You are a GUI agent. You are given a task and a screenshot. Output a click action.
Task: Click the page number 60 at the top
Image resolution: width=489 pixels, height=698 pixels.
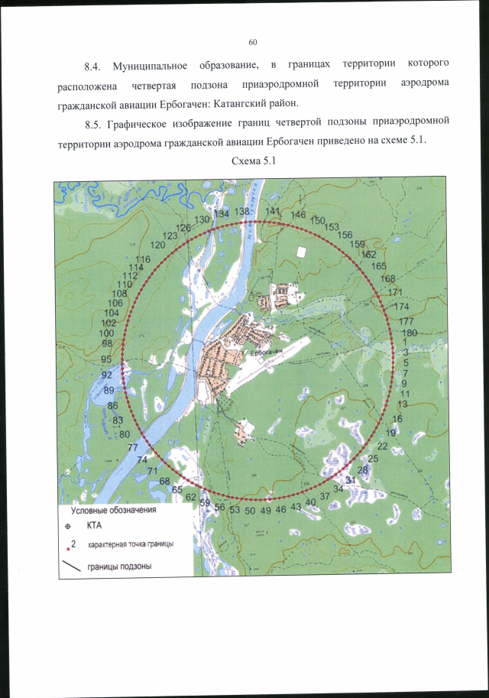254,41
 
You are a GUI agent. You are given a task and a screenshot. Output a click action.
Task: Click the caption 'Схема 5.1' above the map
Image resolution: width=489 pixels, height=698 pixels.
251,161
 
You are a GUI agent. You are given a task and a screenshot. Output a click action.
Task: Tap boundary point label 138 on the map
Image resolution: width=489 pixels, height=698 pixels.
242,211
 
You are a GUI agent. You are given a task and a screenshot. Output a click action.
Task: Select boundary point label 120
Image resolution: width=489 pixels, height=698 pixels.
158,245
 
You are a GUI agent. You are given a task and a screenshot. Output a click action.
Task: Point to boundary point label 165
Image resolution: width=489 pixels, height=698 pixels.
379,266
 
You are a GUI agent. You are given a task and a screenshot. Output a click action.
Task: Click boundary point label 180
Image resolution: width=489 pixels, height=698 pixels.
409,333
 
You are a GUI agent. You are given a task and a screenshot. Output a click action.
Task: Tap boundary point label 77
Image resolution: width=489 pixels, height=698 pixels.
133,447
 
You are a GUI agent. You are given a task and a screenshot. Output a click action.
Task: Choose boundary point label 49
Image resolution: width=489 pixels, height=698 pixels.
266,509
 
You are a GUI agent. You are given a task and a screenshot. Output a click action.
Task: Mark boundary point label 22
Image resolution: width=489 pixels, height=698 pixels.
383,446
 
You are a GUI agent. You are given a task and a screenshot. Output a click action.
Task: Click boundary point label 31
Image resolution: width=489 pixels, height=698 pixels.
350,479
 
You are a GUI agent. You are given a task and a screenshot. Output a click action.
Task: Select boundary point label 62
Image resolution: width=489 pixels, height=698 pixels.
191,497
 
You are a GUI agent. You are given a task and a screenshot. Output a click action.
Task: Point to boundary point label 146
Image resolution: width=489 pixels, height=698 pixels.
298,215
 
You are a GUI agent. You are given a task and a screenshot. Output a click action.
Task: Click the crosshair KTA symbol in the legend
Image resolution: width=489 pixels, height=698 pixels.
68,526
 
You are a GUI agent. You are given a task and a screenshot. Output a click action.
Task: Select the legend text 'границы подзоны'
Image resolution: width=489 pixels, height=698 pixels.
119,567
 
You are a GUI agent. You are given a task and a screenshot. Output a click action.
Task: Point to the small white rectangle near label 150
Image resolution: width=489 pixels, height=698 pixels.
302,252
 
